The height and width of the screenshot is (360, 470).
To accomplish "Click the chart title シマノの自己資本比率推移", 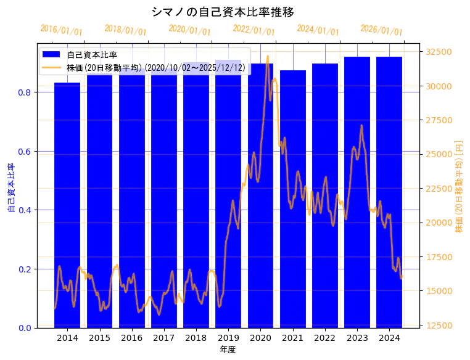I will coord(223,12).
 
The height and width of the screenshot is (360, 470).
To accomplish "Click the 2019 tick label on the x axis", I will coord(228,338).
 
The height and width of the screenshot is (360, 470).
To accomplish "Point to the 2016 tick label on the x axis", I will coord(131,338).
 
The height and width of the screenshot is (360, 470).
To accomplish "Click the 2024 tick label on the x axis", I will coord(389,338).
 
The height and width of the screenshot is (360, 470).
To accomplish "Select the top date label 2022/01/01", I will coord(254,30).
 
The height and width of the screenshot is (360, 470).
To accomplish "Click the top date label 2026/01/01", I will coord(381,30).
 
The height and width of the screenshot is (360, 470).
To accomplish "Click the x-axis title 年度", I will coord(228,350).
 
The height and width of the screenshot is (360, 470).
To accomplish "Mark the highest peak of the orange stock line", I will coord(267,57).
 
